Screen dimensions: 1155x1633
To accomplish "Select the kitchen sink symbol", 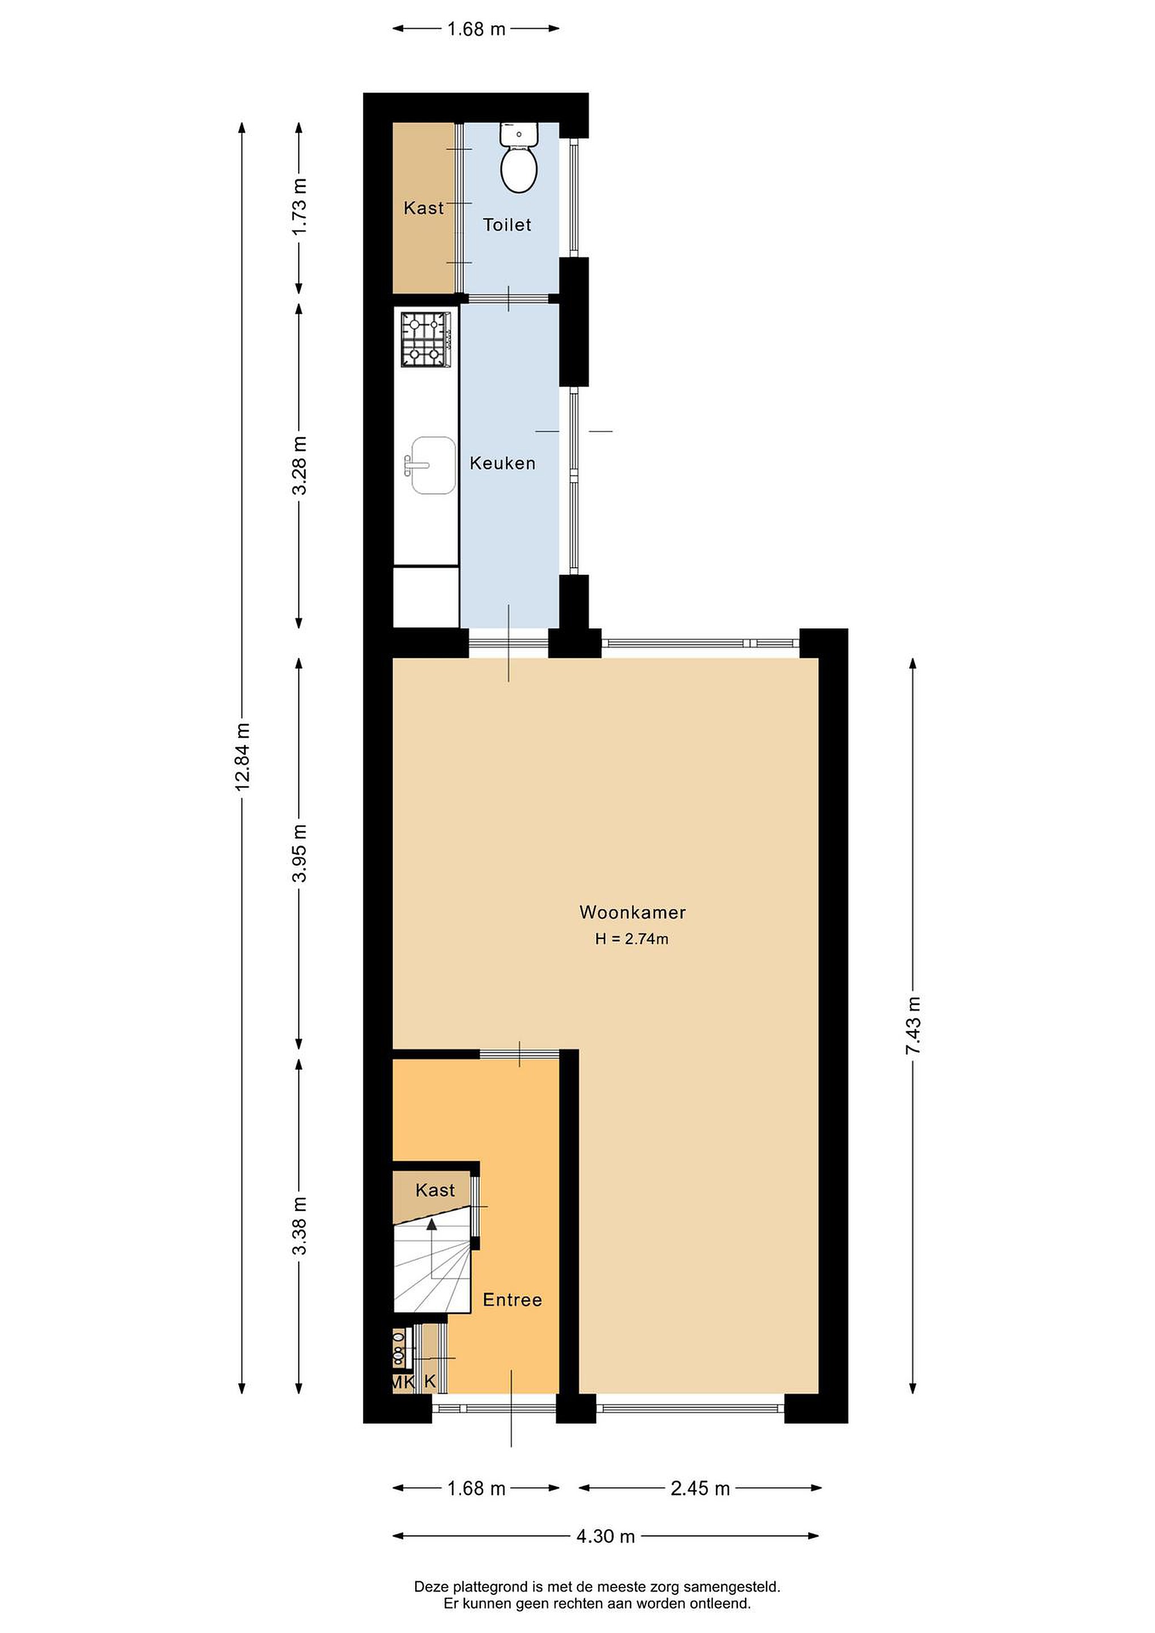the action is point(431,465).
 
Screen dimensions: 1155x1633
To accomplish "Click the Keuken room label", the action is point(502,464).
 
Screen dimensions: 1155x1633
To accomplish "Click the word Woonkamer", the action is point(632,912).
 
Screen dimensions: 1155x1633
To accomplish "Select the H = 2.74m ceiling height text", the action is point(632,939).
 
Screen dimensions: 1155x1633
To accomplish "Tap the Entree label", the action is point(512,1300).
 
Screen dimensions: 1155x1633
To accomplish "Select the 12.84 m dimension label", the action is point(243,757).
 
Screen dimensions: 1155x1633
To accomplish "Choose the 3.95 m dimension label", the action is point(299,853).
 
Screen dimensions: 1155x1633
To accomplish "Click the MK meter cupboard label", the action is point(403,1382).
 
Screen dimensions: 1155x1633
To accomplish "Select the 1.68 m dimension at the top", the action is point(476,28).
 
